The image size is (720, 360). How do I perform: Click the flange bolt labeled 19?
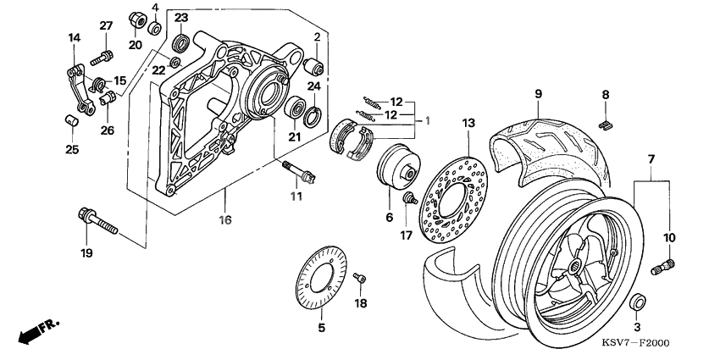tap(97, 219)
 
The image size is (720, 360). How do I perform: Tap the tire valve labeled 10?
tap(662, 268)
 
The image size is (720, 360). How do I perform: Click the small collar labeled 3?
tap(638, 302)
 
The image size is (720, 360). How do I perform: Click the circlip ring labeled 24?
tap(312, 114)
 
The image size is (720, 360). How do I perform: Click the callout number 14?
tap(74, 37)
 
